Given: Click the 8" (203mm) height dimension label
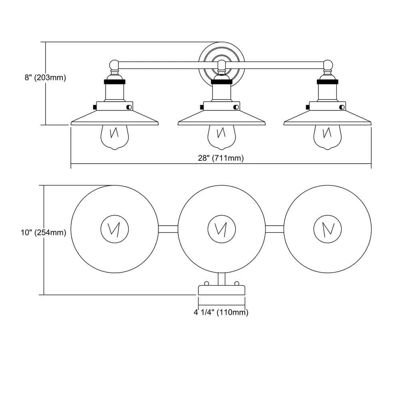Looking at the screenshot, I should pos(45,78).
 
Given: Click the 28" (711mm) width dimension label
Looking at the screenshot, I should pos(220,158).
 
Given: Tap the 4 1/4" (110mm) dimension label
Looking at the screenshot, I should pos(221,313).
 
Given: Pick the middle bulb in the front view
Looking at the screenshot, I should pos(221,136).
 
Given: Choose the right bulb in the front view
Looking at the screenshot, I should pos(328,136).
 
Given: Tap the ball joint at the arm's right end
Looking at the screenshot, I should pos(328,64).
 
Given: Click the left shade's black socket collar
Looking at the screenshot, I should pos(115,82).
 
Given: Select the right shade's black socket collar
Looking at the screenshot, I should pos(328,82).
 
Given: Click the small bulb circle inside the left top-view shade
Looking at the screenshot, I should pos(115,229).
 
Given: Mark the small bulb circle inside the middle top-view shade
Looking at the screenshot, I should pos(221,229).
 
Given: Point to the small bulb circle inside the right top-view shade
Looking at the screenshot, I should pos(328,229).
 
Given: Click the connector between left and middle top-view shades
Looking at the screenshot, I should pos(168,229).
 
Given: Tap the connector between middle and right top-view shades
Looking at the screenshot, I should pos(274,229).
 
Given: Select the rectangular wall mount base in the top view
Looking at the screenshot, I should pos(221,290).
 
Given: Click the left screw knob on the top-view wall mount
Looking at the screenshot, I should pos(207,283).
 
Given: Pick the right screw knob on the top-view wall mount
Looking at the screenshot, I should pos(236,283).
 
